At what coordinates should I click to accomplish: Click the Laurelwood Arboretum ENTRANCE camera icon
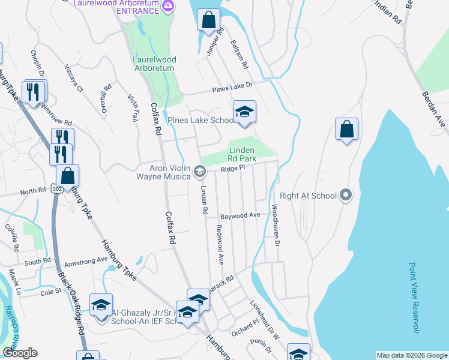tap(168, 6)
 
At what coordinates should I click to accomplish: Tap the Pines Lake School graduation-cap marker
tap(244, 112)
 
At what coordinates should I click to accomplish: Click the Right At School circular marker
tap(345, 195)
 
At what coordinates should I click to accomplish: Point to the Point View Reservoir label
tap(414, 297)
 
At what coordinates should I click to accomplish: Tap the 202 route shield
tap(56, 188)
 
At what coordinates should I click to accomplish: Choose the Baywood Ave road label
tap(240, 215)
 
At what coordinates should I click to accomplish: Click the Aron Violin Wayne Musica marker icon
tap(199, 172)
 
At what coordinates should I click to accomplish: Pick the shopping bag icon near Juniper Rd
tap(208, 20)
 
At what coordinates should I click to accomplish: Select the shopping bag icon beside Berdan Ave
tap(346, 129)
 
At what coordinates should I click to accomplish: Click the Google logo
tap(20, 353)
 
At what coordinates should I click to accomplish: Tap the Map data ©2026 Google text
tap(412, 355)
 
